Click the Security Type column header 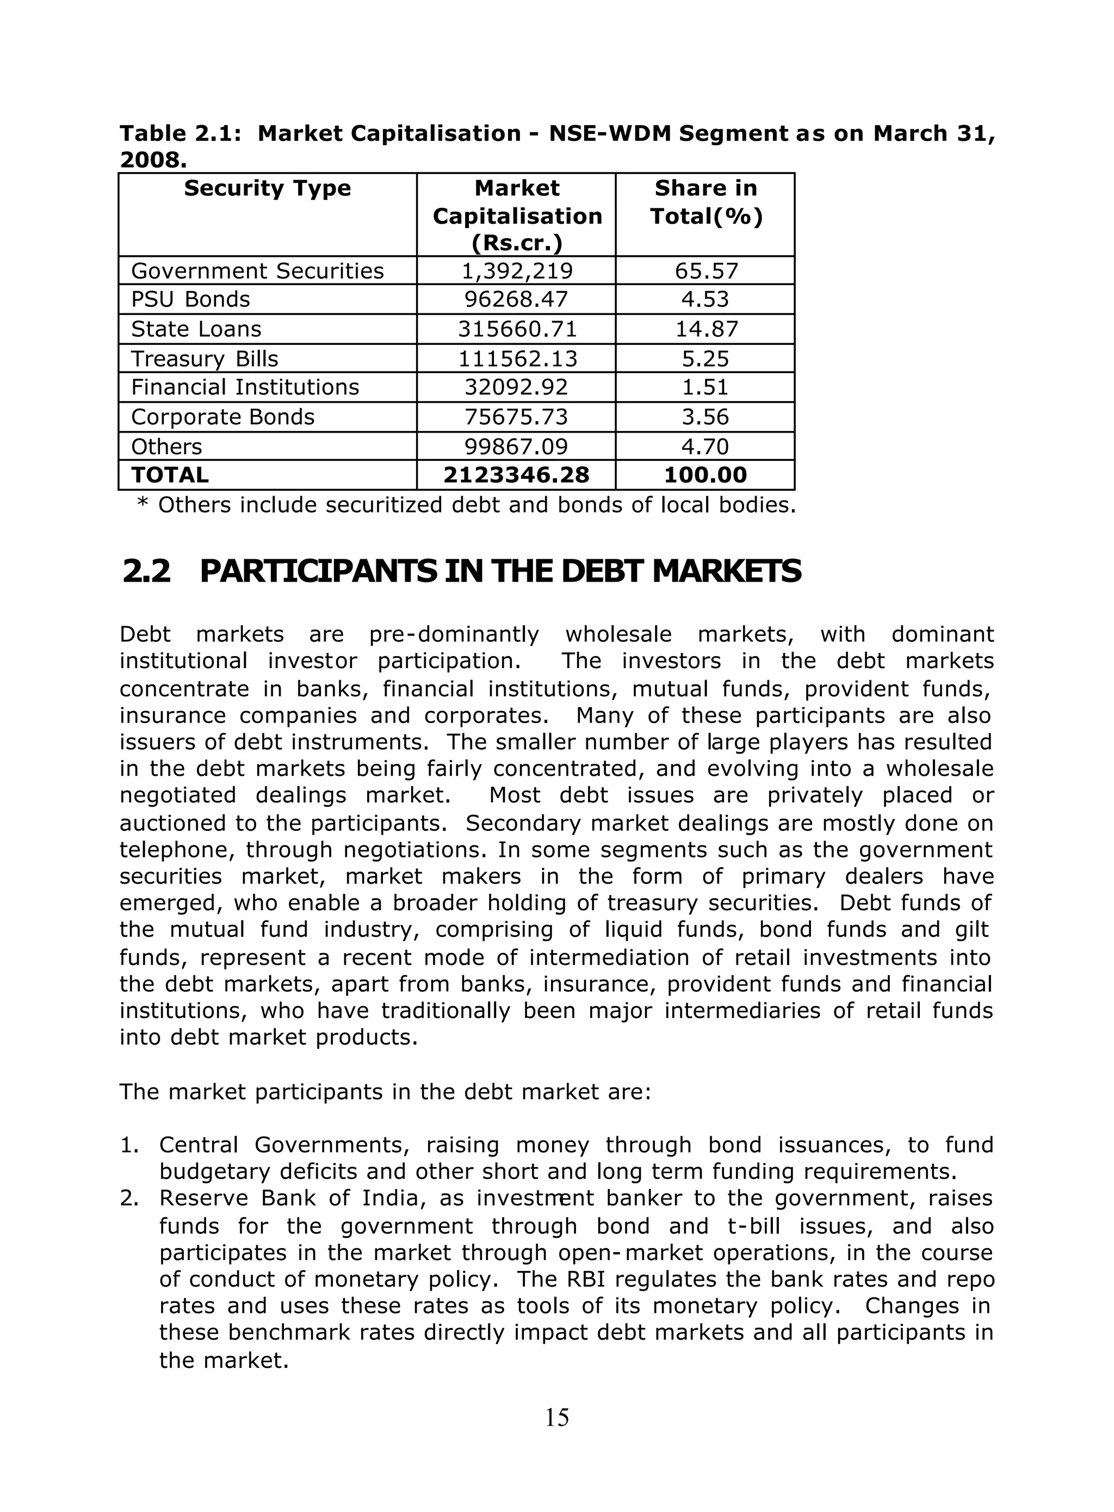click(267, 188)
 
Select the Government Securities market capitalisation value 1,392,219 click(517, 271)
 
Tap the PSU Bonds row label click(190, 299)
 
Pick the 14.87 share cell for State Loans click(706, 329)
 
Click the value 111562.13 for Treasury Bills click(517, 359)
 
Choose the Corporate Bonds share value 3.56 click(705, 417)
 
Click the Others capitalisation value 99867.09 click(517, 447)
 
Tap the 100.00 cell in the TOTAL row click(705, 476)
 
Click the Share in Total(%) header click(706, 202)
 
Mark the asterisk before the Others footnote click(143, 504)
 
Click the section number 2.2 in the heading click(146, 572)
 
